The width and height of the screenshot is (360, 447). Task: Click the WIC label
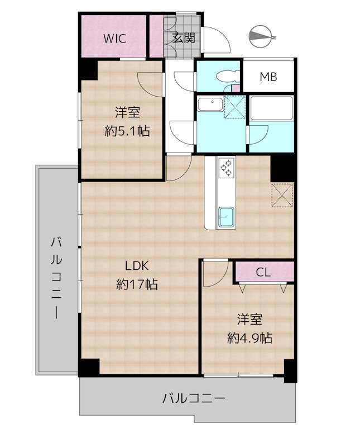pyautogui.click(x=113, y=39)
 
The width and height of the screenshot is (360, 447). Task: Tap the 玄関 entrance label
pyautogui.click(x=183, y=39)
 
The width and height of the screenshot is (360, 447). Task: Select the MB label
pyautogui.click(x=268, y=77)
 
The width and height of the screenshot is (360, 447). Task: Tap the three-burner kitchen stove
pyautogui.click(x=227, y=168)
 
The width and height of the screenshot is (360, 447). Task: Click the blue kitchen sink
pyautogui.click(x=227, y=216)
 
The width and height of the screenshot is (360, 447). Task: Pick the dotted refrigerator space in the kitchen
pyautogui.click(x=282, y=195)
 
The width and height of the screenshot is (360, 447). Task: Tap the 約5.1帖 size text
pyautogui.click(x=127, y=131)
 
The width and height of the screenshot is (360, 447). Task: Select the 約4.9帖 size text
pyautogui.click(x=249, y=337)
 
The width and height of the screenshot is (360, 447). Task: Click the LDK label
pyautogui.click(x=136, y=266)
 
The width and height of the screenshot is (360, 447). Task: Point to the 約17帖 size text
pyautogui.click(x=136, y=284)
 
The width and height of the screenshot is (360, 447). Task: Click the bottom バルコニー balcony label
pyautogui.click(x=194, y=398)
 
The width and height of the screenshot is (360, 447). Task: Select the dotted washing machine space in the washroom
pyautogui.click(x=235, y=107)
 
